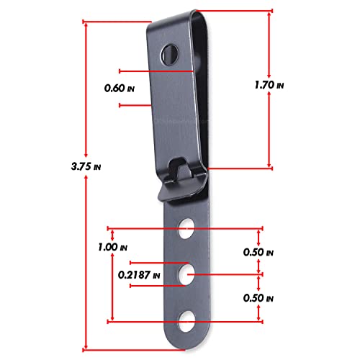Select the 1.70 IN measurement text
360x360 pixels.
269,85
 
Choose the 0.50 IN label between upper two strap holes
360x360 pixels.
260,252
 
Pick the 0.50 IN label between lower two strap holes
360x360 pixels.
260,297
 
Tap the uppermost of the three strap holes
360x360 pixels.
189,228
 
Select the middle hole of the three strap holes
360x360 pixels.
189,274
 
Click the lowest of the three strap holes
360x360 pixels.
189,319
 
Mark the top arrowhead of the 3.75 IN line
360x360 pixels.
86,23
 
